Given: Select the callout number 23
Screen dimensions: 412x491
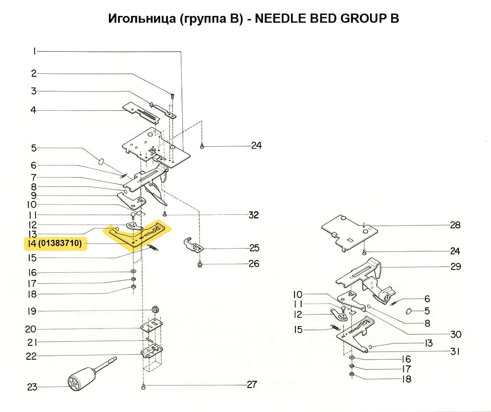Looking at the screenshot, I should (32, 387).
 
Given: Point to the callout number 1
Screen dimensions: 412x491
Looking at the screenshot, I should (34, 51).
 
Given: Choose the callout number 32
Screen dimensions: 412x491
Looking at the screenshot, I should (253, 215).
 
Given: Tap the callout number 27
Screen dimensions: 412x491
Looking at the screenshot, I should (251, 385).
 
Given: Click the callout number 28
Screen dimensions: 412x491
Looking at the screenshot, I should (455, 225).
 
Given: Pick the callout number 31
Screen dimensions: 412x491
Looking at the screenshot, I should (455, 352).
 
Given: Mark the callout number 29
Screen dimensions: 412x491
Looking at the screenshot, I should (455, 267).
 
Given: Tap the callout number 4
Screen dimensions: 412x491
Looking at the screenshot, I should (34, 110).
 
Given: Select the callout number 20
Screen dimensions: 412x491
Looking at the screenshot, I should (31, 329).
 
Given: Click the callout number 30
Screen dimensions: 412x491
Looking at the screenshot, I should (455, 334).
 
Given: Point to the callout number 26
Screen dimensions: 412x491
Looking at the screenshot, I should (254, 264).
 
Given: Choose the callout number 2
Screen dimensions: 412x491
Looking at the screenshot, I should (34, 73).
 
